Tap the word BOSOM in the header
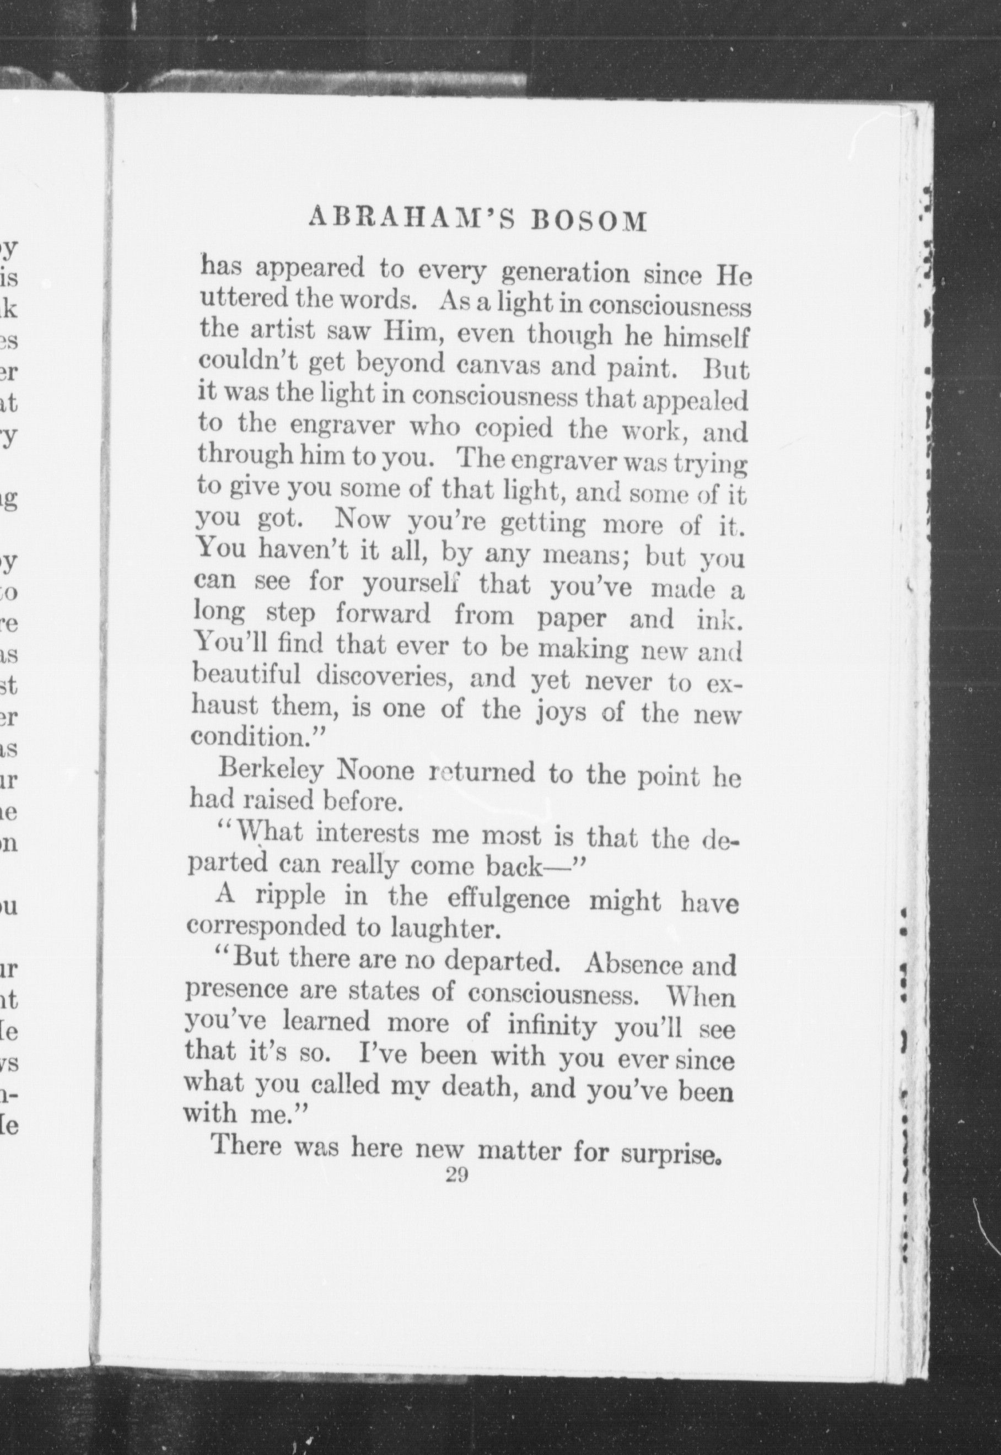pos(589,222)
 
